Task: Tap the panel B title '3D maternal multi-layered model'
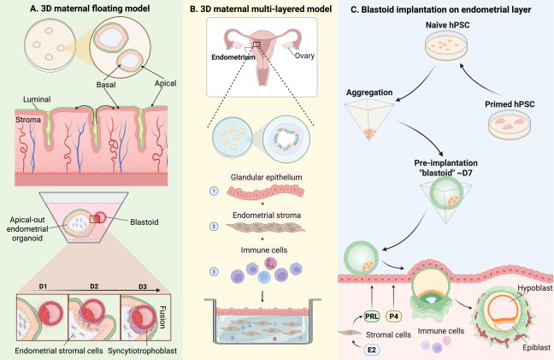click(x=279, y=11)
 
